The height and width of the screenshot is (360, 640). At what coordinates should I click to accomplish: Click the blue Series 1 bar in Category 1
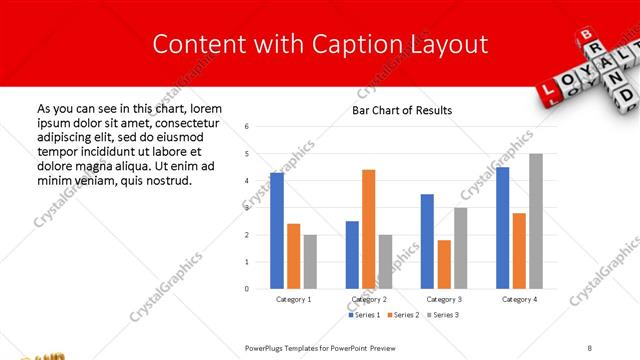click(x=277, y=231)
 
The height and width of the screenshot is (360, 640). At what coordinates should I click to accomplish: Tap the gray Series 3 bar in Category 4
click(x=536, y=221)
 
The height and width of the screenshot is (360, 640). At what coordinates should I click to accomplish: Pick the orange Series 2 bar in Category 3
click(x=444, y=264)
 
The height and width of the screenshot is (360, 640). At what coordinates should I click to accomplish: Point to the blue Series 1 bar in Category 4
click(x=502, y=228)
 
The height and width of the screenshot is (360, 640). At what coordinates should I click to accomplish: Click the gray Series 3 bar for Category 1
click(x=310, y=262)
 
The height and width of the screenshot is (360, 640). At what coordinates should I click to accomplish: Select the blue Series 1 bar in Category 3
click(x=427, y=241)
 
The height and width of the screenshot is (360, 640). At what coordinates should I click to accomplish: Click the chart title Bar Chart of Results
click(x=402, y=110)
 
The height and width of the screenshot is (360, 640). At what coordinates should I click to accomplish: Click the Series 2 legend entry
click(x=402, y=315)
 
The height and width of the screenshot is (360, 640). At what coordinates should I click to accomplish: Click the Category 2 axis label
click(x=368, y=299)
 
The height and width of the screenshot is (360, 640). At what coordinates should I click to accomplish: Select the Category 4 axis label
click(x=519, y=299)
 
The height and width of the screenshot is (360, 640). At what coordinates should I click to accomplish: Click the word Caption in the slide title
click(x=379, y=44)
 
